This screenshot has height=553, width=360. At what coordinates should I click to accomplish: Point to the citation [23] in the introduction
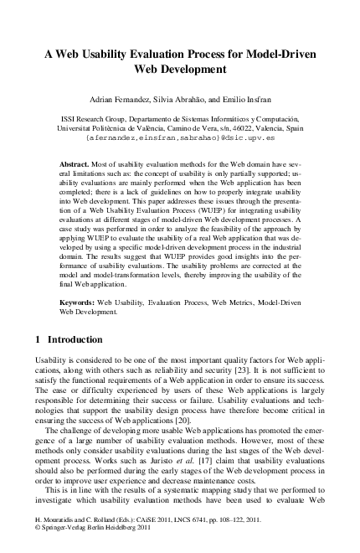point(266,370)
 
